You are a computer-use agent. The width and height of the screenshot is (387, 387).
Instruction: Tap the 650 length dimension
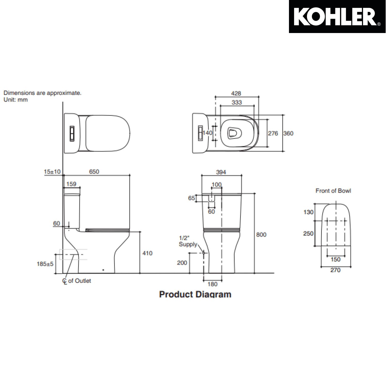pyautogui.click(x=94, y=172)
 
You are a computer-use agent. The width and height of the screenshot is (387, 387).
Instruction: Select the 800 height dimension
pyautogui.click(x=261, y=235)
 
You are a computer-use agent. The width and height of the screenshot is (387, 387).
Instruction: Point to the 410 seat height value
pyautogui.click(x=147, y=253)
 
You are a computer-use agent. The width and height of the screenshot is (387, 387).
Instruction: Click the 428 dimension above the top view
pyautogui.click(x=236, y=93)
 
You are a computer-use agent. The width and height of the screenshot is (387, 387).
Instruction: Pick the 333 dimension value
pyautogui.click(x=237, y=102)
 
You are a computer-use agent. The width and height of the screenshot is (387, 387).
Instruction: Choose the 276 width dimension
pyautogui.click(x=273, y=133)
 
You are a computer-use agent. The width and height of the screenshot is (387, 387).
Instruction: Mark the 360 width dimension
pyautogui.click(x=288, y=133)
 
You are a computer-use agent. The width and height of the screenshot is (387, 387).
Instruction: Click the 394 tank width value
pyautogui.click(x=221, y=172)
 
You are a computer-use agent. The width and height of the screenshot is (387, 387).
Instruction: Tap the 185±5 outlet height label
pyautogui.click(x=45, y=264)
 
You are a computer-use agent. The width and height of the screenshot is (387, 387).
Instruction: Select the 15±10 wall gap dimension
pyautogui.click(x=52, y=172)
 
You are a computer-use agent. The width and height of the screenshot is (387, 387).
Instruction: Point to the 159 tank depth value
pyautogui.click(x=71, y=184)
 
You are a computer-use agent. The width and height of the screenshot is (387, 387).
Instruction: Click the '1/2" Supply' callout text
pyautogui.click(x=188, y=241)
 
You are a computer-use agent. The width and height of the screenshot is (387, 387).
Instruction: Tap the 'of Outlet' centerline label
pyautogui.click(x=79, y=281)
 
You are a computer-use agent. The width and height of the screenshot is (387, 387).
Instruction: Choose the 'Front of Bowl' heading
pyautogui.click(x=333, y=191)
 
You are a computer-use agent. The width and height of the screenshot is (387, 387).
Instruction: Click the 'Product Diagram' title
pyautogui.click(x=195, y=294)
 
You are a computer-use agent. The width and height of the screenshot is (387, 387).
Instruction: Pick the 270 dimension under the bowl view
pyautogui.click(x=335, y=270)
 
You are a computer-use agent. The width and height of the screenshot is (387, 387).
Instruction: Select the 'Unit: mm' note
pyautogui.click(x=15, y=100)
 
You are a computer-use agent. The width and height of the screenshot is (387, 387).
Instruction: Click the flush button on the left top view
pyautogui.click(x=72, y=133)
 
